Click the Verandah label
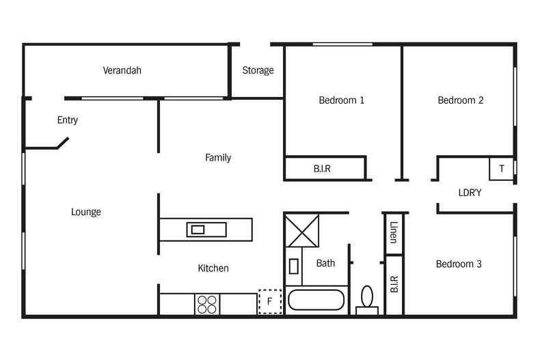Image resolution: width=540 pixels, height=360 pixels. pyautogui.click(x=122, y=70)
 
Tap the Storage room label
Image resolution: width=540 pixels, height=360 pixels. pyautogui.click(x=258, y=70)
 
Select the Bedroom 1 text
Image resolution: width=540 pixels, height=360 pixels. pyautogui.click(x=342, y=100)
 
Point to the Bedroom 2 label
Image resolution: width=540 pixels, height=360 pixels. pyautogui.click(x=461, y=100)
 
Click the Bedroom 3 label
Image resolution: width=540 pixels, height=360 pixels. pyautogui.click(x=459, y=264)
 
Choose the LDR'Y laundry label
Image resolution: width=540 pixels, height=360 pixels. pyautogui.click(x=470, y=193)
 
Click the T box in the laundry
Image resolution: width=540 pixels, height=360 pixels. pyautogui.click(x=502, y=169)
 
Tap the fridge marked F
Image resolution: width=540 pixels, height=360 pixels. pyautogui.click(x=269, y=301)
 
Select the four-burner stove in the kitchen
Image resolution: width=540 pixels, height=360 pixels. pyautogui.click(x=206, y=304)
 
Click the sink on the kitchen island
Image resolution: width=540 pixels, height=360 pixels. pyautogui.click(x=198, y=229)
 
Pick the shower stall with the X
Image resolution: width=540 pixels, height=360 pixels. pyautogui.click(x=302, y=229)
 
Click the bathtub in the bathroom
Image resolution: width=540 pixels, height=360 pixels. pyautogui.click(x=316, y=301)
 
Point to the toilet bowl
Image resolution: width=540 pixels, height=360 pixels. pyautogui.click(x=367, y=297)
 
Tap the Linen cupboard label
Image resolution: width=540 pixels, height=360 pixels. pyautogui.click(x=394, y=232)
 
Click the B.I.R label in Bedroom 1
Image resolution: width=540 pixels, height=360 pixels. pyautogui.click(x=322, y=169)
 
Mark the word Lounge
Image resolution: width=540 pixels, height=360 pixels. pyautogui.click(x=86, y=212)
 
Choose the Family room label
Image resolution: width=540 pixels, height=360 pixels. pyautogui.click(x=218, y=158)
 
